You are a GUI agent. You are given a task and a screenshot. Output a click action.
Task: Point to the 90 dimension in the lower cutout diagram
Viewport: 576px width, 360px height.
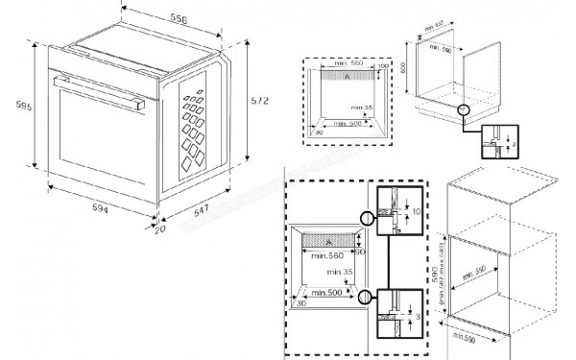pyautogui.click(x=360, y=252)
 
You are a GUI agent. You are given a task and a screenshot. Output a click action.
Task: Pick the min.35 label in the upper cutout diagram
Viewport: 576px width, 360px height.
pyautogui.click(x=360, y=108)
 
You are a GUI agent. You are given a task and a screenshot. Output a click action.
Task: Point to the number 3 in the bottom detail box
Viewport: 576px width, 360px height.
pyautogui.click(x=416, y=313)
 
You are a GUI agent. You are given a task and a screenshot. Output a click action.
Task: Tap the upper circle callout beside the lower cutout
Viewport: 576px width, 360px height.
pyautogui.click(x=365, y=216)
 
